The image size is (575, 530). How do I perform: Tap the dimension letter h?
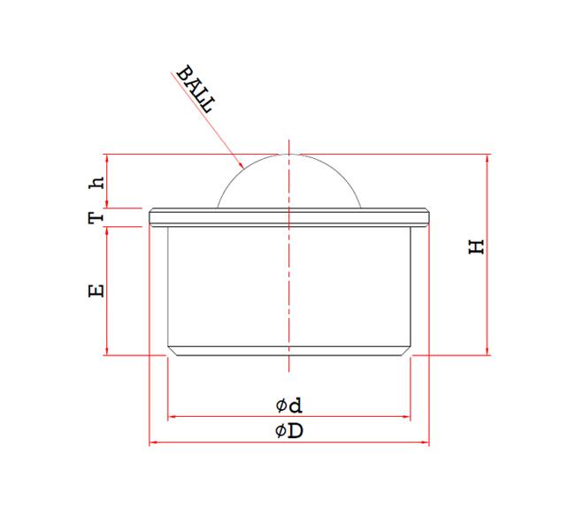pyautogui.click(x=98, y=183)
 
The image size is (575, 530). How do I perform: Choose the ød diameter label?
pyautogui.click(x=288, y=405)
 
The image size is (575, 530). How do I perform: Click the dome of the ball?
pyautogui.click(x=289, y=181)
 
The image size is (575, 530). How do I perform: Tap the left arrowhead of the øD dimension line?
pyautogui.click(x=151, y=441)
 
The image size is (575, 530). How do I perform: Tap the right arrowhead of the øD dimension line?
pyautogui.click(x=426, y=441)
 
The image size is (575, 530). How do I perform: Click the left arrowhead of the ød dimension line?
pyautogui.click(x=172, y=415)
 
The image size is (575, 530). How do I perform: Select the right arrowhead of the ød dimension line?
pyautogui.click(x=408, y=415)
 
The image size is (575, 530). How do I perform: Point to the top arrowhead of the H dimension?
pyautogui.click(x=487, y=157)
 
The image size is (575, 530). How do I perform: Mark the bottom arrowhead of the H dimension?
pyautogui.click(x=487, y=352)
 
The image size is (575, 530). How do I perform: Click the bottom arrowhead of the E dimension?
pyautogui.click(x=106, y=352)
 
